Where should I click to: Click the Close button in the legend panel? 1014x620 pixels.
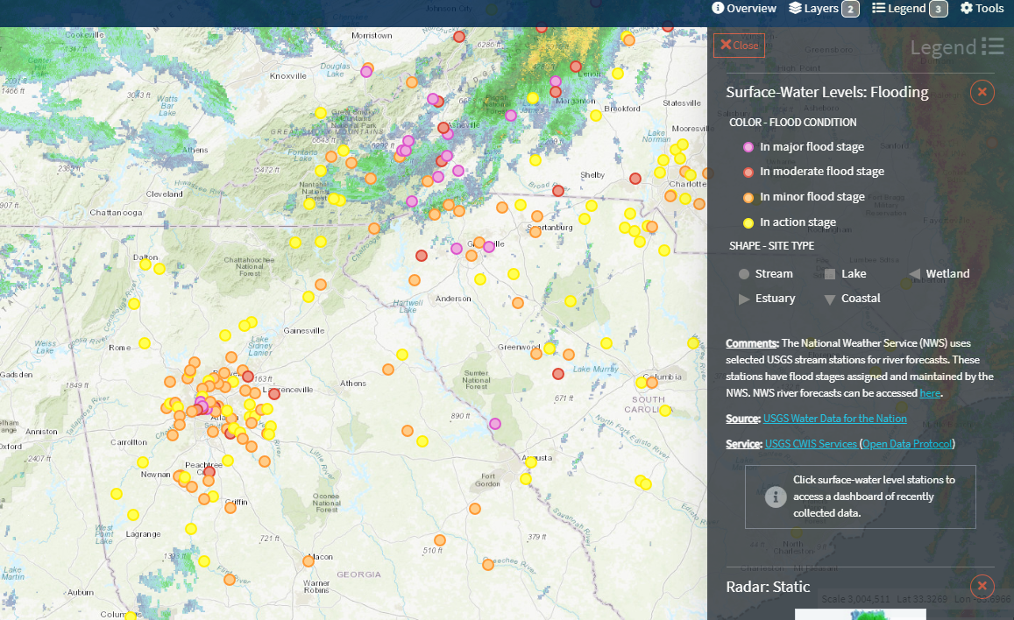(x=739, y=46)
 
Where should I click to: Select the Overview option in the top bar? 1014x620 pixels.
(x=744, y=9)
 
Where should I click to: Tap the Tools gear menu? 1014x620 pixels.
(x=982, y=9)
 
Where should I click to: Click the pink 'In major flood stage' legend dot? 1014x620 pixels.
(x=748, y=147)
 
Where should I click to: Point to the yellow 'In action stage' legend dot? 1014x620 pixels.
(x=748, y=222)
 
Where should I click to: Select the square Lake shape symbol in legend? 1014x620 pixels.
(x=829, y=274)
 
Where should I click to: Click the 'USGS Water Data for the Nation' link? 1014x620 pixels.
(x=834, y=419)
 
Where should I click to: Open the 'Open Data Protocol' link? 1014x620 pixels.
(x=908, y=444)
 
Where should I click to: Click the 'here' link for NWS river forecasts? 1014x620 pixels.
(x=929, y=393)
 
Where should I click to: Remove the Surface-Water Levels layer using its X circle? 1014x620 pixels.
(x=982, y=92)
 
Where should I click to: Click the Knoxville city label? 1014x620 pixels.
(x=288, y=76)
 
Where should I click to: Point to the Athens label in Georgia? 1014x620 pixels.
(x=353, y=383)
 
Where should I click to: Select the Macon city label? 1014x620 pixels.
(x=322, y=556)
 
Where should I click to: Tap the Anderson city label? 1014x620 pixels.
(x=453, y=299)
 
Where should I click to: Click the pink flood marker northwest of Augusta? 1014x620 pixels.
(x=495, y=424)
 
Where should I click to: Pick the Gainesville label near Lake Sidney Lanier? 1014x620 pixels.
(x=304, y=330)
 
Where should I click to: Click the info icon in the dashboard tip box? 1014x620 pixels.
(x=775, y=497)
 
